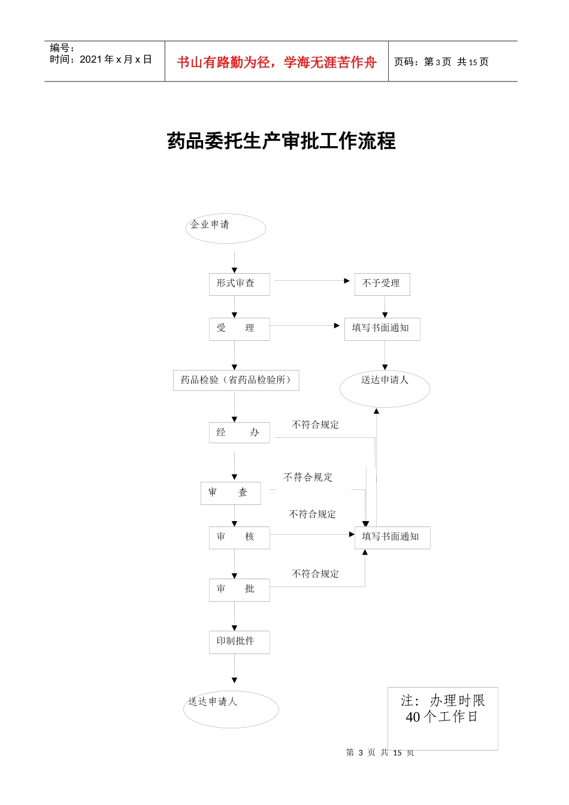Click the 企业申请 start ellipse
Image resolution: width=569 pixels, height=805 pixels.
(225, 228)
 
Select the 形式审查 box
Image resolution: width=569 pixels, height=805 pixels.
(239, 284)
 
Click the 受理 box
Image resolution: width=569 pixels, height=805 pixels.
(239, 329)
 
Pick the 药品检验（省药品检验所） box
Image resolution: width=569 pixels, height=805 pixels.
(236, 380)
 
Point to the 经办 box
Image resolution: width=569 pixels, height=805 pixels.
(239, 432)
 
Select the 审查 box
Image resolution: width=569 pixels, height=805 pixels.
(231, 493)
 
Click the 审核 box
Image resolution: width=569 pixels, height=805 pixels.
(239, 537)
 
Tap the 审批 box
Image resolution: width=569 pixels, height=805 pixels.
(239, 589)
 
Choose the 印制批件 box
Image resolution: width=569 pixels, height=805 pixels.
(239, 641)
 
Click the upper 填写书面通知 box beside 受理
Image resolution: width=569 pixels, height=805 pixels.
(382, 329)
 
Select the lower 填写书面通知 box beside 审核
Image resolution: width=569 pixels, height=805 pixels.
(392, 537)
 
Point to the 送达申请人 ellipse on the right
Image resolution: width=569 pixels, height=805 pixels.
(385, 388)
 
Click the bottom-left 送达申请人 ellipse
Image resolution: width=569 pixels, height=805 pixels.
(231, 709)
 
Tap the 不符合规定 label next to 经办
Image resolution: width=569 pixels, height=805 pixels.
(316, 425)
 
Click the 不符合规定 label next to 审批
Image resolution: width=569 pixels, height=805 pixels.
(316, 574)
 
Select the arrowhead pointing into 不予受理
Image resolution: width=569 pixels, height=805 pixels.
(347, 280)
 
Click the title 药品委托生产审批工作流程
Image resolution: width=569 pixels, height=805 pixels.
(282, 141)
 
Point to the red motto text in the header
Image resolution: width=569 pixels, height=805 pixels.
(277, 62)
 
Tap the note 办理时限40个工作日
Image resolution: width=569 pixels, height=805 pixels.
(443, 709)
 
